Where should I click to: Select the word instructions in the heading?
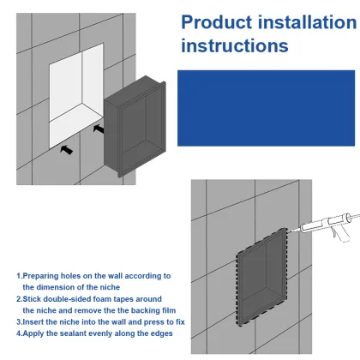pos(235,45)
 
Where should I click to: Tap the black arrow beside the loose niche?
pos(98,129)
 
